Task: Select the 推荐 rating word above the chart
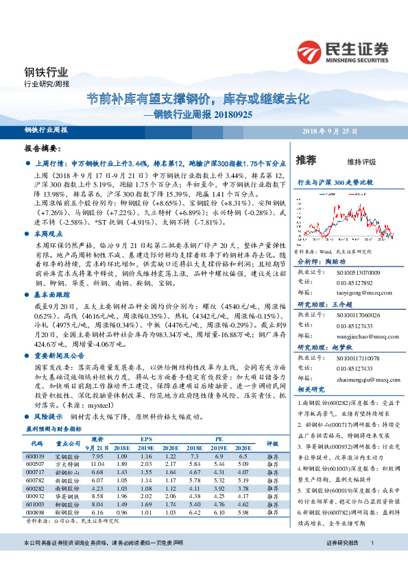pos(307,160)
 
